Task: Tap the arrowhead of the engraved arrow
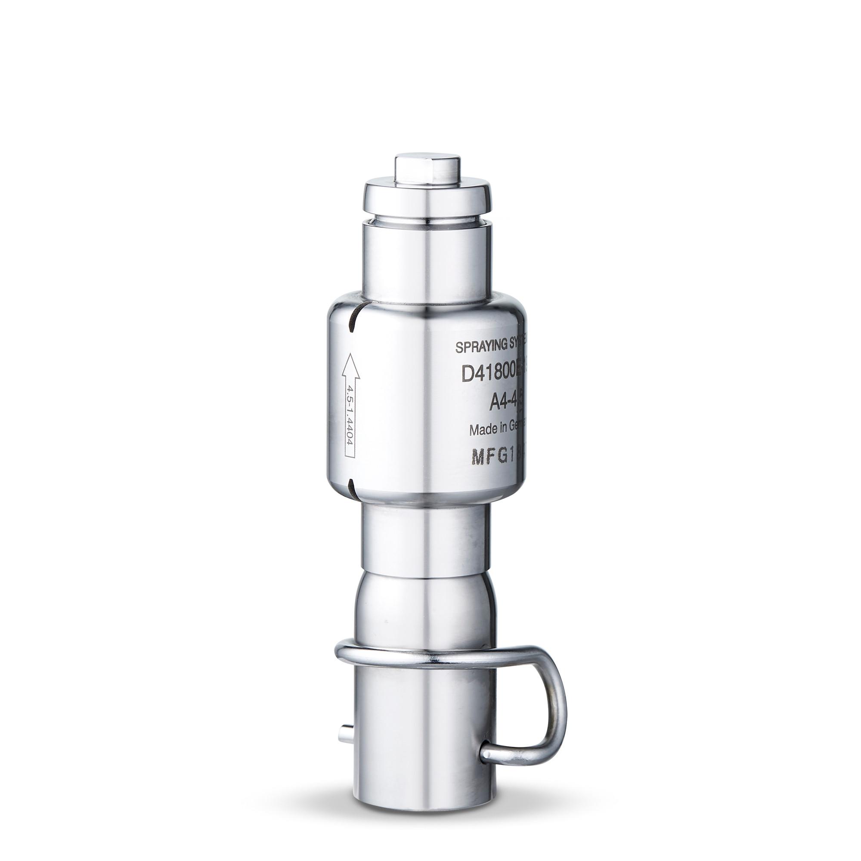[x=349, y=359]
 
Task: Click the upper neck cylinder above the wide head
[x=427, y=263]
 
